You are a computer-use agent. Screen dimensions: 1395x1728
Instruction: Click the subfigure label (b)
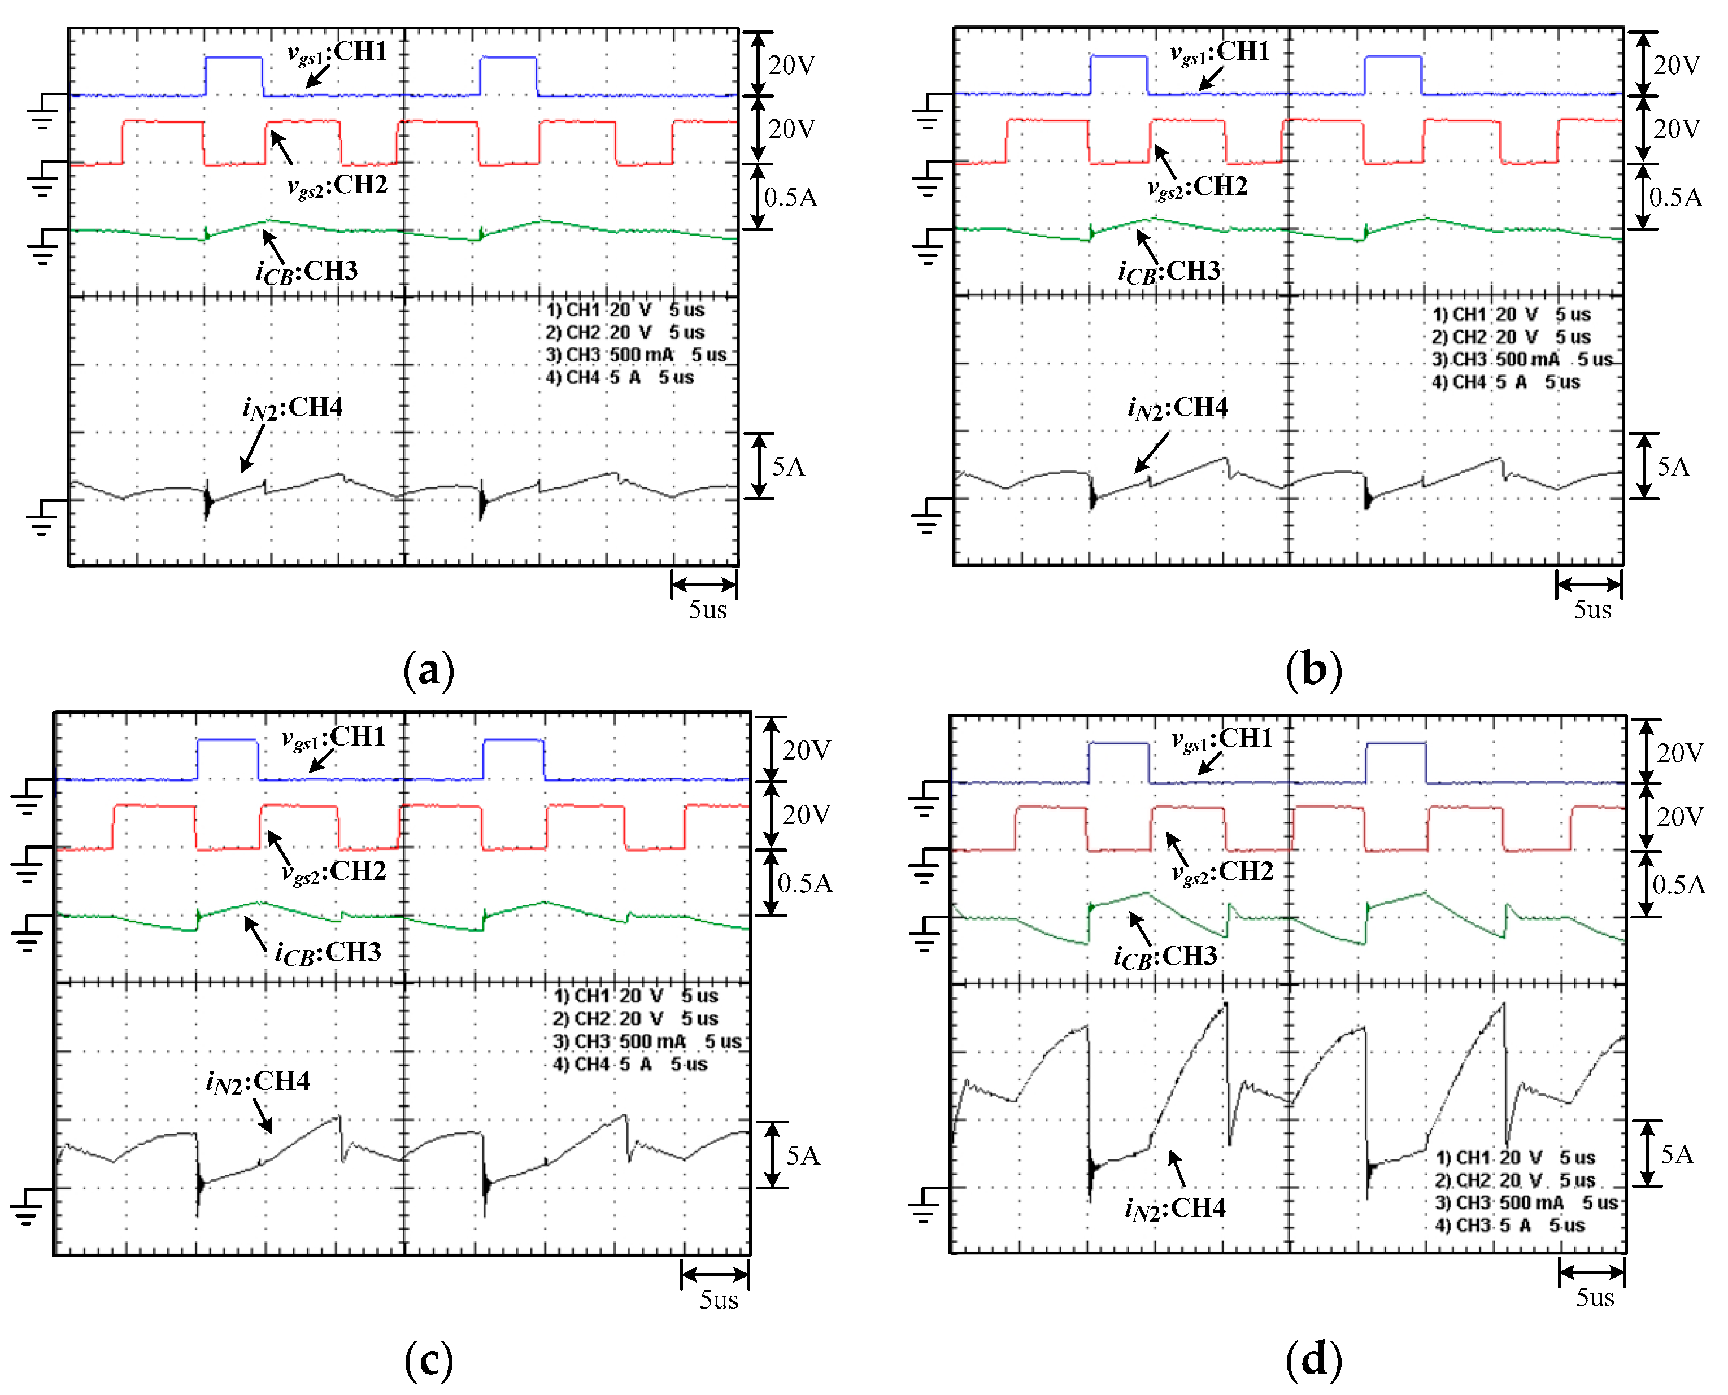[x=1313, y=669]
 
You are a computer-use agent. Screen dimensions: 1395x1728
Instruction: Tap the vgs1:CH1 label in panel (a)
[x=338, y=52]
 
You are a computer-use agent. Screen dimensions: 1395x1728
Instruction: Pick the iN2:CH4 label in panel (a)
[x=293, y=408]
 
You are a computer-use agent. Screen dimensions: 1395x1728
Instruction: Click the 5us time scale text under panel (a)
[x=707, y=610]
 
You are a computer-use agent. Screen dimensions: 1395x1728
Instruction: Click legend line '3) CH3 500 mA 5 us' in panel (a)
[x=636, y=354]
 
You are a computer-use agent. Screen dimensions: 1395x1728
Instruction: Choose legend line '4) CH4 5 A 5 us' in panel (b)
[x=1506, y=382]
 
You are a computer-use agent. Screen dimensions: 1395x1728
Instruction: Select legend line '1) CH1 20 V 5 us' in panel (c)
[x=636, y=996]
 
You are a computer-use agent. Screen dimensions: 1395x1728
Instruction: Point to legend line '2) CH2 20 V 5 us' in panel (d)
[x=1515, y=1180]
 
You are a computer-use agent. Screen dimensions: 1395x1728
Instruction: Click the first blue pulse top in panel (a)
[x=234, y=57]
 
